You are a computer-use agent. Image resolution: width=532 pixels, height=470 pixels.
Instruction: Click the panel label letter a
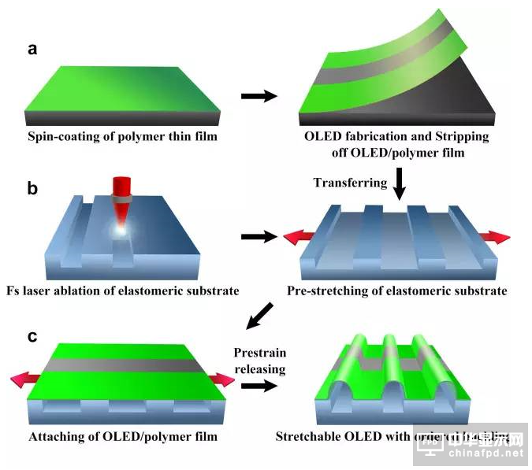[32, 50]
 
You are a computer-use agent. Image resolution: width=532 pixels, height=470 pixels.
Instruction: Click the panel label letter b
[32, 190]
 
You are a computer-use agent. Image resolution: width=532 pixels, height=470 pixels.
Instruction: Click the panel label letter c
[32, 336]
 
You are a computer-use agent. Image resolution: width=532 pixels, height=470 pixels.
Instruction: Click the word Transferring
[350, 183]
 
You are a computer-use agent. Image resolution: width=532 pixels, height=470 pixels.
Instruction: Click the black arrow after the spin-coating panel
[259, 96]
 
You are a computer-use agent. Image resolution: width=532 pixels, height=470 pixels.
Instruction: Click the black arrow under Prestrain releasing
[257, 386]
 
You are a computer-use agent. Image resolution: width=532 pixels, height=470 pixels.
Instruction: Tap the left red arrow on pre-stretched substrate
[296, 235]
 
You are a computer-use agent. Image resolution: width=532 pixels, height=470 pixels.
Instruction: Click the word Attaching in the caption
[56, 436]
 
